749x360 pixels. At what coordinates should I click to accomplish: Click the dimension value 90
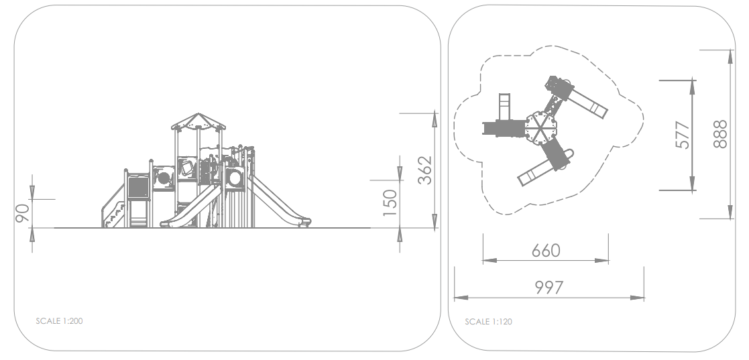[x=22, y=213]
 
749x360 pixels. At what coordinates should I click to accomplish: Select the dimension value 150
[x=390, y=203]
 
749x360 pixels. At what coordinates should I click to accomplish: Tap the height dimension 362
[x=424, y=170]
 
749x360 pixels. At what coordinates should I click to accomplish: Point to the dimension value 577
[x=683, y=135]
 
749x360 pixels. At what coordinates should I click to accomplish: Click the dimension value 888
[x=720, y=134]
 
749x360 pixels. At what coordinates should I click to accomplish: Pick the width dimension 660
[x=546, y=250]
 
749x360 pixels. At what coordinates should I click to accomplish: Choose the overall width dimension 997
[x=549, y=288]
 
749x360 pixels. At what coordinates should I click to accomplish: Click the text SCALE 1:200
[x=59, y=321]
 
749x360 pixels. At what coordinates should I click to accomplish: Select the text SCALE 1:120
[x=489, y=321]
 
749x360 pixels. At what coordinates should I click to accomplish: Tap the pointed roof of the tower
[x=198, y=121]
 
